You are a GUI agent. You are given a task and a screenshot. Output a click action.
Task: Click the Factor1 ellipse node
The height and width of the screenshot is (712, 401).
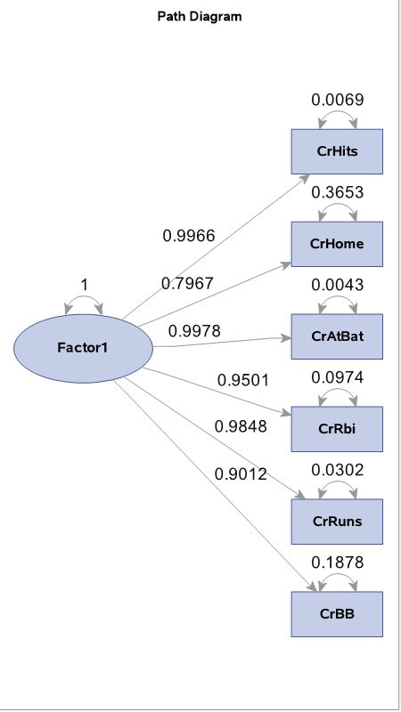83,347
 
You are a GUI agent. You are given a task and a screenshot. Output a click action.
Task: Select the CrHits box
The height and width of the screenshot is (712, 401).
337,151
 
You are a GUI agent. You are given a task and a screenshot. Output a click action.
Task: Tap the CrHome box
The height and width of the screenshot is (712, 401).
337,244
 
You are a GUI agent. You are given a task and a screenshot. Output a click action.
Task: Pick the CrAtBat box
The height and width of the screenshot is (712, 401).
337,336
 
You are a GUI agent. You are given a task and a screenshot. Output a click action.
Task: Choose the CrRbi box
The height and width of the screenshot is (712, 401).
337,429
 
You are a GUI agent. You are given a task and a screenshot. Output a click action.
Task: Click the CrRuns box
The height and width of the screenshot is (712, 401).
337,522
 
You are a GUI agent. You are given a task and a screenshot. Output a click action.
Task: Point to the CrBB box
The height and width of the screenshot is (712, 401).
337,614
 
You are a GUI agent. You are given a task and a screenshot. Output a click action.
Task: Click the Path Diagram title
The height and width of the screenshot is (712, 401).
200,16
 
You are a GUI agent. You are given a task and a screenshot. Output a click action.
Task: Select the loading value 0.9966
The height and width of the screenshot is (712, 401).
188,236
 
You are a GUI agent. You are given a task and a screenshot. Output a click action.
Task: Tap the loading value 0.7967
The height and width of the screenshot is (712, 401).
187,283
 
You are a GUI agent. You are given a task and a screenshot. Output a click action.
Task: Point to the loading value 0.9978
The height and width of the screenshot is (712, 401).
194,331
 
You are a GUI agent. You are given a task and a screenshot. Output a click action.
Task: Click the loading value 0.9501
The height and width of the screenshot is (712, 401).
242,380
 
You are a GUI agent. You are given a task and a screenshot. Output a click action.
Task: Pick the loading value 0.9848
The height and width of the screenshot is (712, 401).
241,426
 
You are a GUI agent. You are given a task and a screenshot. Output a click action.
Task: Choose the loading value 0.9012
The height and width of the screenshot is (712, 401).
241,474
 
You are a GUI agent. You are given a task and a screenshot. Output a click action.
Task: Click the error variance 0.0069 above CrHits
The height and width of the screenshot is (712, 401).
337,100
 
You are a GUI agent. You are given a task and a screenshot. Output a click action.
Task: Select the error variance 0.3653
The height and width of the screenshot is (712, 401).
337,192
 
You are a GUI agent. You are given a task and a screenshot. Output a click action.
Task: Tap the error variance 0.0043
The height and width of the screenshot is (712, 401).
337,285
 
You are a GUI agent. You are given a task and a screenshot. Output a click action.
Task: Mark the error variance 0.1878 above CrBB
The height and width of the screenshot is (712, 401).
337,562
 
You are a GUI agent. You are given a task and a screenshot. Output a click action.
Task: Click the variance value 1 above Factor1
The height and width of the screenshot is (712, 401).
84,285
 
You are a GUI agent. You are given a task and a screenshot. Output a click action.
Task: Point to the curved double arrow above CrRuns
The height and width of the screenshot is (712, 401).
337,489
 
